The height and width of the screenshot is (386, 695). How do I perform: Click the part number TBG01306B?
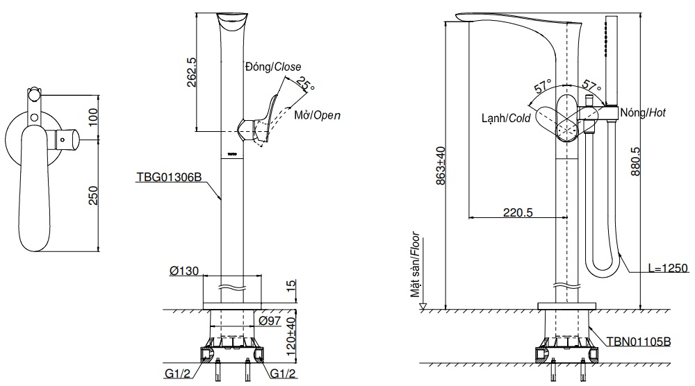click(x=169, y=177)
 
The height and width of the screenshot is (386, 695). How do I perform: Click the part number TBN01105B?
click(x=638, y=342)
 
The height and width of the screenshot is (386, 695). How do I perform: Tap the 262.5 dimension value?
click(x=191, y=72)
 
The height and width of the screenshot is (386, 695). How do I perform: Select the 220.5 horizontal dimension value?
click(x=518, y=212)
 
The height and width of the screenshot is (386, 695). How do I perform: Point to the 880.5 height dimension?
click(x=635, y=162)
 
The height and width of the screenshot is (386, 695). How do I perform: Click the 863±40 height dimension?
click(x=441, y=165)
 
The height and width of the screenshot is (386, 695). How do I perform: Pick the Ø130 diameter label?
click(x=184, y=271)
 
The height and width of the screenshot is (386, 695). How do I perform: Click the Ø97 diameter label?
click(x=270, y=320)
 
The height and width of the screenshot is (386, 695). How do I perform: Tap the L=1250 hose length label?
click(x=668, y=268)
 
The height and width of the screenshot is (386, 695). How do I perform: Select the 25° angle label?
click(x=305, y=84)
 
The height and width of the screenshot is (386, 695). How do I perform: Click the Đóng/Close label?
click(x=273, y=67)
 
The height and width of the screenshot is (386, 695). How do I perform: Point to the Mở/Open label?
click(x=318, y=115)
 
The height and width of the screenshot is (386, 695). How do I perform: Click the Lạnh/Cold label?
click(x=506, y=118)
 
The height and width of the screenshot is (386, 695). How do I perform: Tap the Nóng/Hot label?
click(x=643, y=112)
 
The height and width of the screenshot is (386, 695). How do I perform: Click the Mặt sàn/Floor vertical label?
click(x=415, y=265)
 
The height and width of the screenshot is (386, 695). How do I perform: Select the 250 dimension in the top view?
click(x=93, y=195)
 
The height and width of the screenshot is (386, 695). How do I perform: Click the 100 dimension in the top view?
click(x=93, y=117)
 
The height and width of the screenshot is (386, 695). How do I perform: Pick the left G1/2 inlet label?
click(x=177, y=374)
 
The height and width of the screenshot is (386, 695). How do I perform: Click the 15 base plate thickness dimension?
click(x=291, y=285)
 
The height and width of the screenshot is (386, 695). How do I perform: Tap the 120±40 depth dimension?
click(x=291, y=337)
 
